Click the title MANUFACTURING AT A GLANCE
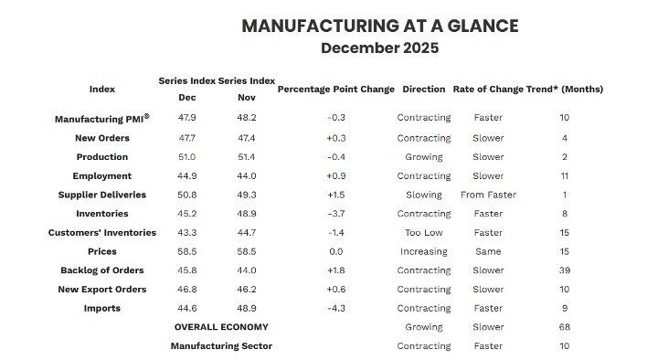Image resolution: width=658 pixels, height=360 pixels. (x=379, y=26)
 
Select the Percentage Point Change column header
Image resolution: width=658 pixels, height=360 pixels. (x=335, y=90)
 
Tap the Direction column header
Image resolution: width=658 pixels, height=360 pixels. (x=423, y=90)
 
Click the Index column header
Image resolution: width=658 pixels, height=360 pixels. (x=102, y=90)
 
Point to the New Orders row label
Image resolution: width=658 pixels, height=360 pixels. (x=102, y=138)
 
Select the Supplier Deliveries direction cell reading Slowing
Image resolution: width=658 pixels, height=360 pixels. (x=423, y=195)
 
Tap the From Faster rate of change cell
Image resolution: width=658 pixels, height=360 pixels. (x=488, y=195)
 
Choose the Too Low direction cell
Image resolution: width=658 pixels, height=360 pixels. (x=423, y=233)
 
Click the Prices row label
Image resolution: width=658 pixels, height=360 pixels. (x=102, y=251)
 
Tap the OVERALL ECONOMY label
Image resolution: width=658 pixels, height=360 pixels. (x=221, y=327)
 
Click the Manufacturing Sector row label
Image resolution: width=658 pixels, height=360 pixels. (x=221, y=346)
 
